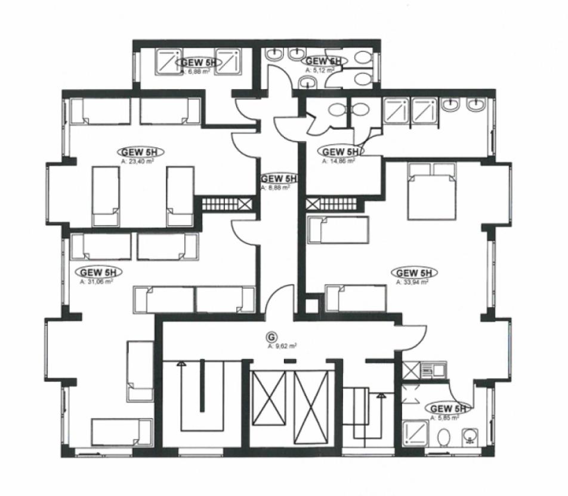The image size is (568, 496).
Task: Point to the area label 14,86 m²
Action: click(x=338, y=161)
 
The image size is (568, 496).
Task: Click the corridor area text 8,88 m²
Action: click(x=276, y=187)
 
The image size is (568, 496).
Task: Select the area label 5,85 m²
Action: click(x=446, y=418)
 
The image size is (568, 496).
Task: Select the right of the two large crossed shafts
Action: click(x=312, y=406)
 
